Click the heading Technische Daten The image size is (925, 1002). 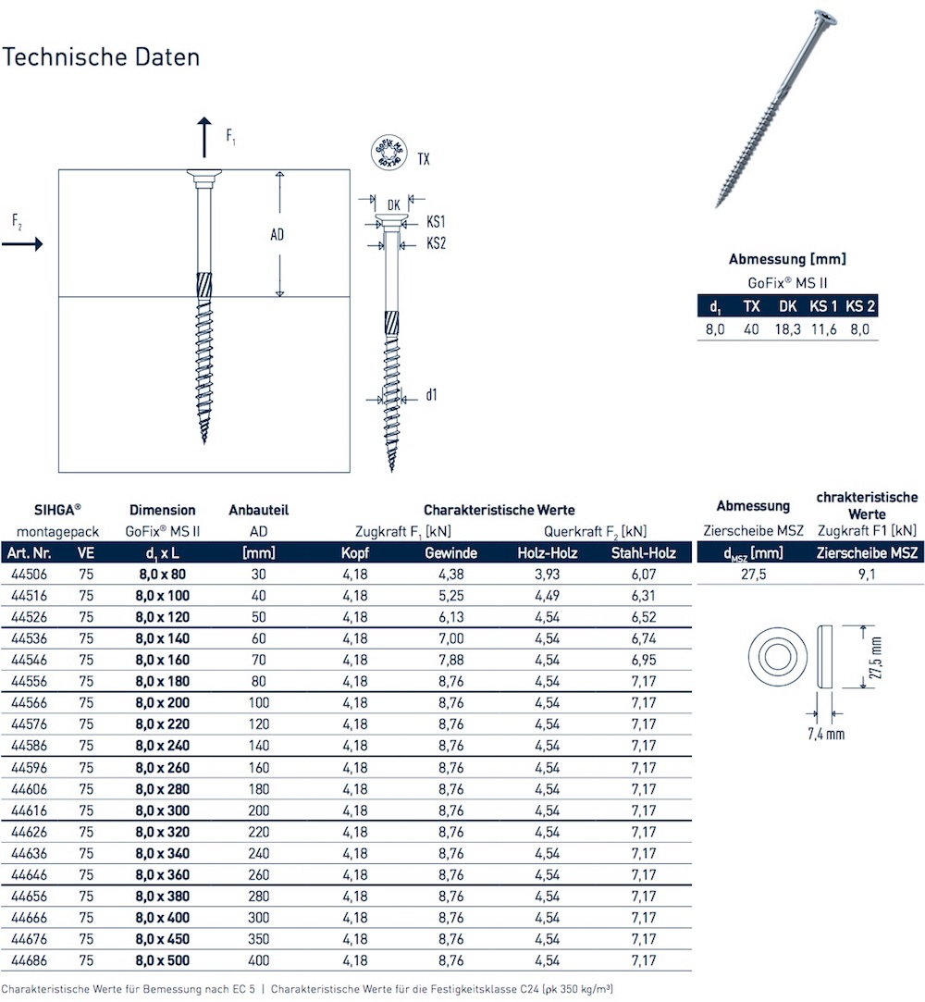click(101, 56)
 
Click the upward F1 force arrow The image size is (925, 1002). click(204, 137)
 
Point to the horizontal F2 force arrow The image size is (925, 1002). click(22, 243)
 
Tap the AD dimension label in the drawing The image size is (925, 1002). click(277, 235)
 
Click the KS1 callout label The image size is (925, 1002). click(437, 223)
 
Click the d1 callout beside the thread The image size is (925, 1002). click(432, 395)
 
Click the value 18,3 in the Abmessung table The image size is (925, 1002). click(787, 329)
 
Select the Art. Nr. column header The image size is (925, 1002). click(30, 553)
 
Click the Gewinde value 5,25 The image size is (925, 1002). click(450, 596)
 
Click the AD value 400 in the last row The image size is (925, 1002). click(259, 960)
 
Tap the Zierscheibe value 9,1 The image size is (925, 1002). click(866, 575)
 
